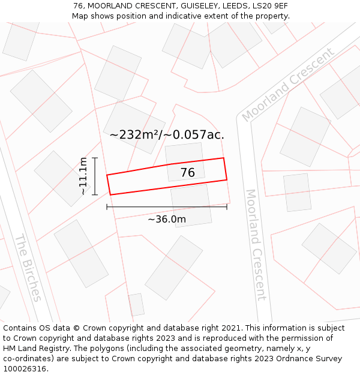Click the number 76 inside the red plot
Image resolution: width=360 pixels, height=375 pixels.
tap(188, 173)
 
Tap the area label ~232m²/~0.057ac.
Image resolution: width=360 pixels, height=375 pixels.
tap(167, 134)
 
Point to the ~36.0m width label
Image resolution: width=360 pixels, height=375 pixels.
tap(167, 219)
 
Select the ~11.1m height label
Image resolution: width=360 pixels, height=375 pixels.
tap(83, 176)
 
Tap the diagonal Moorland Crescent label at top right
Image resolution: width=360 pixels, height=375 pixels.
tap(288, 85)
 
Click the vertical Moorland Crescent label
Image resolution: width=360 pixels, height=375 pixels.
tap(256, 245)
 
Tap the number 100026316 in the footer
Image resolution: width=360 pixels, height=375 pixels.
tap(24, 368)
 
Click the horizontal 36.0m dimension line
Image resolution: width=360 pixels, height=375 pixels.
tap(167, 207)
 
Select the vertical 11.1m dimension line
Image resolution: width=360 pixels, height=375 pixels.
tap(95, 176)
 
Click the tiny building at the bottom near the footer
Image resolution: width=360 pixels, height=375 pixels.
tap(136, 305)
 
